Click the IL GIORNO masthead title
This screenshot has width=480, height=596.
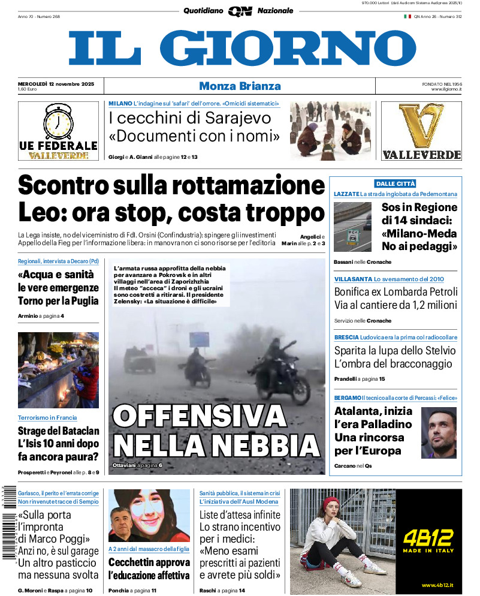[x=242, y=48]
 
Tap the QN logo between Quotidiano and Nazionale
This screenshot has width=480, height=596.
[x=240, y=11]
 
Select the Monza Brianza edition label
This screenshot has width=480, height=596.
[x=240, y=86]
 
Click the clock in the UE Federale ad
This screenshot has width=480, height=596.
[x=59, y=122]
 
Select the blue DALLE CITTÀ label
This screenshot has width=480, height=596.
[x=395, y=183]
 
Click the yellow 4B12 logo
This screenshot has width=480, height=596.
[x=428, y=537]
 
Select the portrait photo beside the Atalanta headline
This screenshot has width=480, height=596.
[x=439, y=432]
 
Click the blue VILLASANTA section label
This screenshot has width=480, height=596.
[x=352, y=279]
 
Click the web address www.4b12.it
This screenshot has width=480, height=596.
[x=436, y=585]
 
